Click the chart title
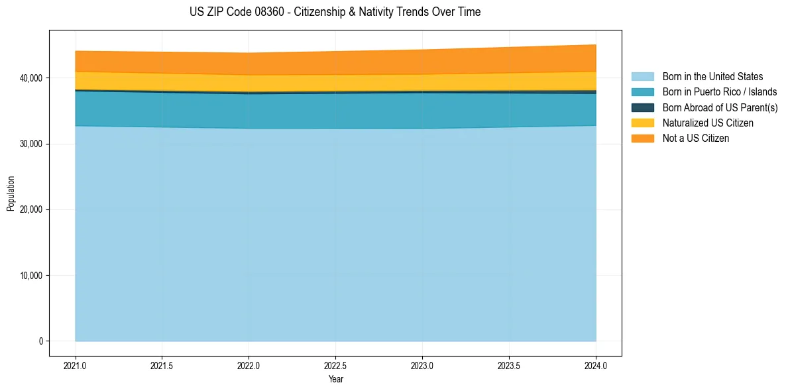[x=335, y=12]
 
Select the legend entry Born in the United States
[x=712, y=77]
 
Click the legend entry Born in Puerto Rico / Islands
[x=719, y=92]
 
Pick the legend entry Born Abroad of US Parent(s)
[x=720, y=107]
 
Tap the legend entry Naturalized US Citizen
[x=708, y=123]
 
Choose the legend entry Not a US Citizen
[x=695, y=139]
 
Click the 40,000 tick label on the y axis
[x=30, y=78]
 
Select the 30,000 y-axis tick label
[x=30, y=144]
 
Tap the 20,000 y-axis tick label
[x=30, y=209]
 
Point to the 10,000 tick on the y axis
[x=30, y=276]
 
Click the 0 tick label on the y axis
[x=40, y=341]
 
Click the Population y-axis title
[x=11, y=194]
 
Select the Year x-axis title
[x=335, y=379]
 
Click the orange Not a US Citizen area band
[x=335, y=62]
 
